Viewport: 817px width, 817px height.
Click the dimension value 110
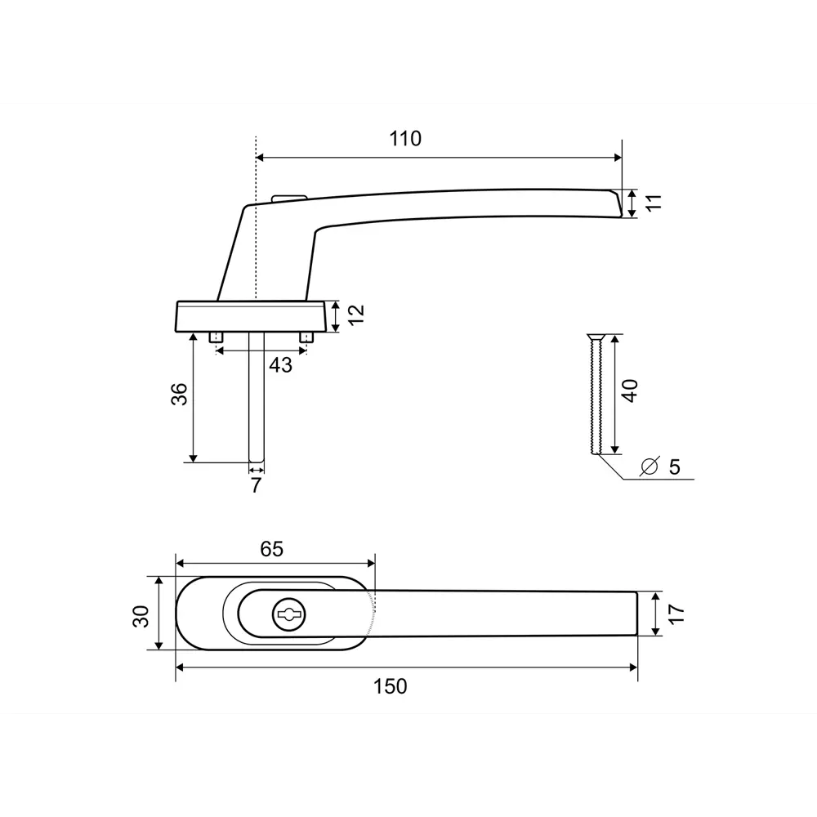405,139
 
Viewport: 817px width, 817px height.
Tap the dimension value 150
391,686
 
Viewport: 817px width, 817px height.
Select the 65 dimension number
272,549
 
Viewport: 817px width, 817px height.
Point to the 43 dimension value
280,365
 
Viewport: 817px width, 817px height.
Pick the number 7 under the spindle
256,485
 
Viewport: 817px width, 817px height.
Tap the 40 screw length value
629,390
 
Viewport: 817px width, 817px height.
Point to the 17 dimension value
676,613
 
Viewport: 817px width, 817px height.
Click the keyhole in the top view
288,613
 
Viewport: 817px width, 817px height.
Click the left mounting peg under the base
217,337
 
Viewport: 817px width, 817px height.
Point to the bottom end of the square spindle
257,460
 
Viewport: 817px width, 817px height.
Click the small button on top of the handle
288,197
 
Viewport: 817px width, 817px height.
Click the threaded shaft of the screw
596,400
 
